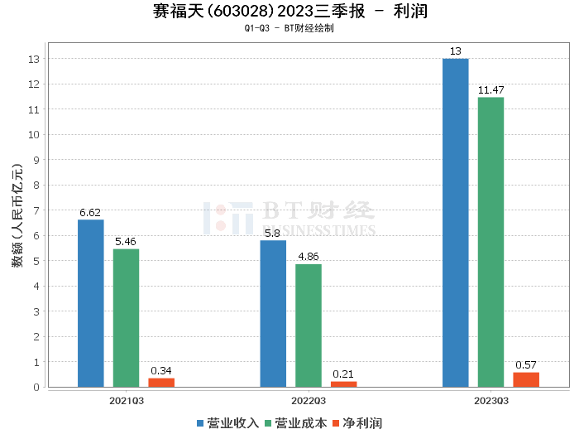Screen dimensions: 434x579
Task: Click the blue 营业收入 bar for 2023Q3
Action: coord(455,223)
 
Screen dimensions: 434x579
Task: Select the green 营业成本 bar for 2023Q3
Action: coord(490,242)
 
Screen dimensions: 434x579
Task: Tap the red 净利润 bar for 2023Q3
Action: coord(526,379)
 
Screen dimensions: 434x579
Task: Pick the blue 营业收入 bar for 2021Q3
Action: coord(91,303)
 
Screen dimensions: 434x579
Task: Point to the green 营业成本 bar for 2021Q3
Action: coord(127,318)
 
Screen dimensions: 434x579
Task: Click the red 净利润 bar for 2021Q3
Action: coord(161,383)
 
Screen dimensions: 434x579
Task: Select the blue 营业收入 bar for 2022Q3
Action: coord(273,313)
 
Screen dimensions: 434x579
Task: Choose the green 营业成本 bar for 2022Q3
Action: coord(309,325)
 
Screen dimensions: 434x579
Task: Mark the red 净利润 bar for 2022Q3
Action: coord(343,384)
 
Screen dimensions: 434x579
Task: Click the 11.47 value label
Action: coord(490,89)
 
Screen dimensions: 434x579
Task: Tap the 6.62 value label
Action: coord(90,213)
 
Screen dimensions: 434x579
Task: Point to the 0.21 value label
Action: coord(343,374)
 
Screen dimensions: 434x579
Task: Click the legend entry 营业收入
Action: coord(228,423)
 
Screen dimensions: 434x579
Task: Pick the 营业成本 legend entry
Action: coord(295,423)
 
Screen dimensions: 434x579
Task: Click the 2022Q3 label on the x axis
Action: coord(308,400)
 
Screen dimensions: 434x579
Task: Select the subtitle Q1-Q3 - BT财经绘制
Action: coord(289,28)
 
